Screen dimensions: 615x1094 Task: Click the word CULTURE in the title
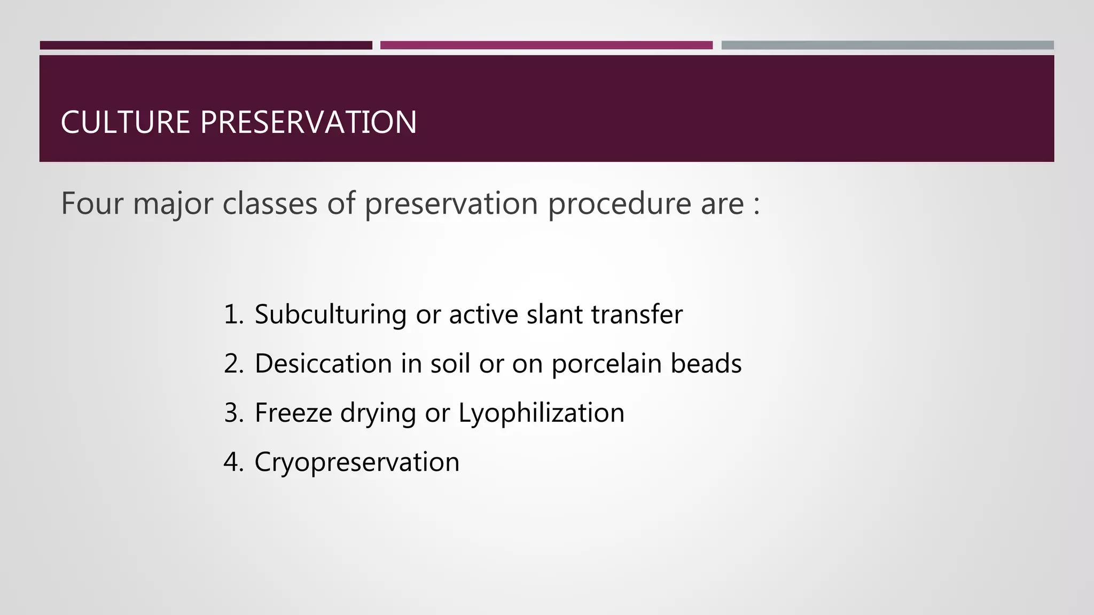pos(125,122)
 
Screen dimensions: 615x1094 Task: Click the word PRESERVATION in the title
pos(308,122)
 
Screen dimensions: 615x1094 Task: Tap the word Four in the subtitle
pos(92,203)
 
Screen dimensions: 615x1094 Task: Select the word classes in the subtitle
pos(270,203)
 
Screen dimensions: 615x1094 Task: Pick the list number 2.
pos(233,364)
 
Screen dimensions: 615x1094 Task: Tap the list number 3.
pos(233,413)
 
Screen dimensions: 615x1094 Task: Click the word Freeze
pos(293,413)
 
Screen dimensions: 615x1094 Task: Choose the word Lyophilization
pos(541,413)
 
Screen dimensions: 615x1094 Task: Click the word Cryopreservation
pos(357,462)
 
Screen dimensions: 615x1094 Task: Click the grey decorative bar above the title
pos(887,45)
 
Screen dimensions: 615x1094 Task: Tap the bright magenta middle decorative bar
pos(546,45)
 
